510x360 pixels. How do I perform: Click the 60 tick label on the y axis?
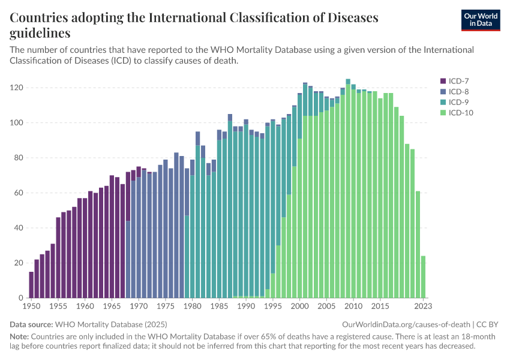pyautogui.click(x=19, y=193)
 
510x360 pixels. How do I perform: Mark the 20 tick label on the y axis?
pyautogui.click(x=19, y=263)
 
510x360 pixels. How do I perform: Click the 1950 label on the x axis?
pyautogui.click(x=31, y=306)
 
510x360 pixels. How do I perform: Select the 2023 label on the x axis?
pyautogui.click(x=424, y=306)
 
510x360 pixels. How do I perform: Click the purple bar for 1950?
pyautogui.click(x=31, y=284)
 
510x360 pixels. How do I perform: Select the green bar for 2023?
pyautogui.click(x=424, y=277)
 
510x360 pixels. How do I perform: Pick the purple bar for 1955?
pyautogui.click(x=58, y=257)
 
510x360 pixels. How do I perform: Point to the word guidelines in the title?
pyautogui.click(x=40, y=33)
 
